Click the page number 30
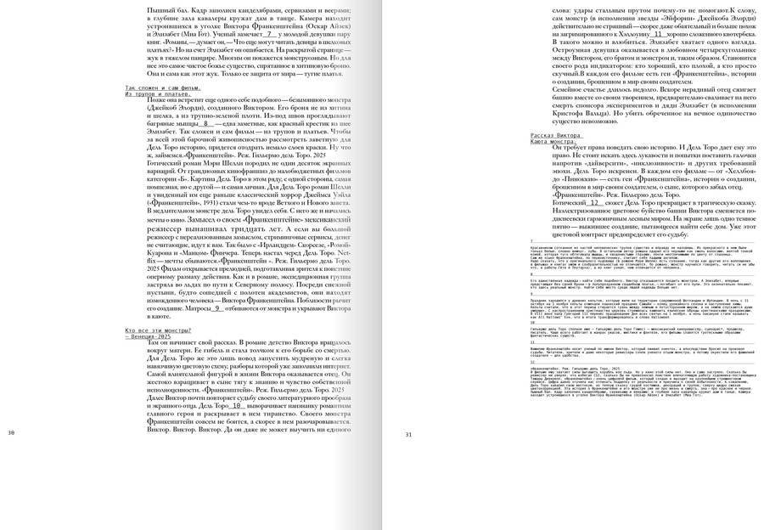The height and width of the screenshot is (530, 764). (x=11, y=433)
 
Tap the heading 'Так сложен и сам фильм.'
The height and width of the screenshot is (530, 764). (x=162, y=87)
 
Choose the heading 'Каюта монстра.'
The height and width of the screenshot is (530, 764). (x=553, y=142)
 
